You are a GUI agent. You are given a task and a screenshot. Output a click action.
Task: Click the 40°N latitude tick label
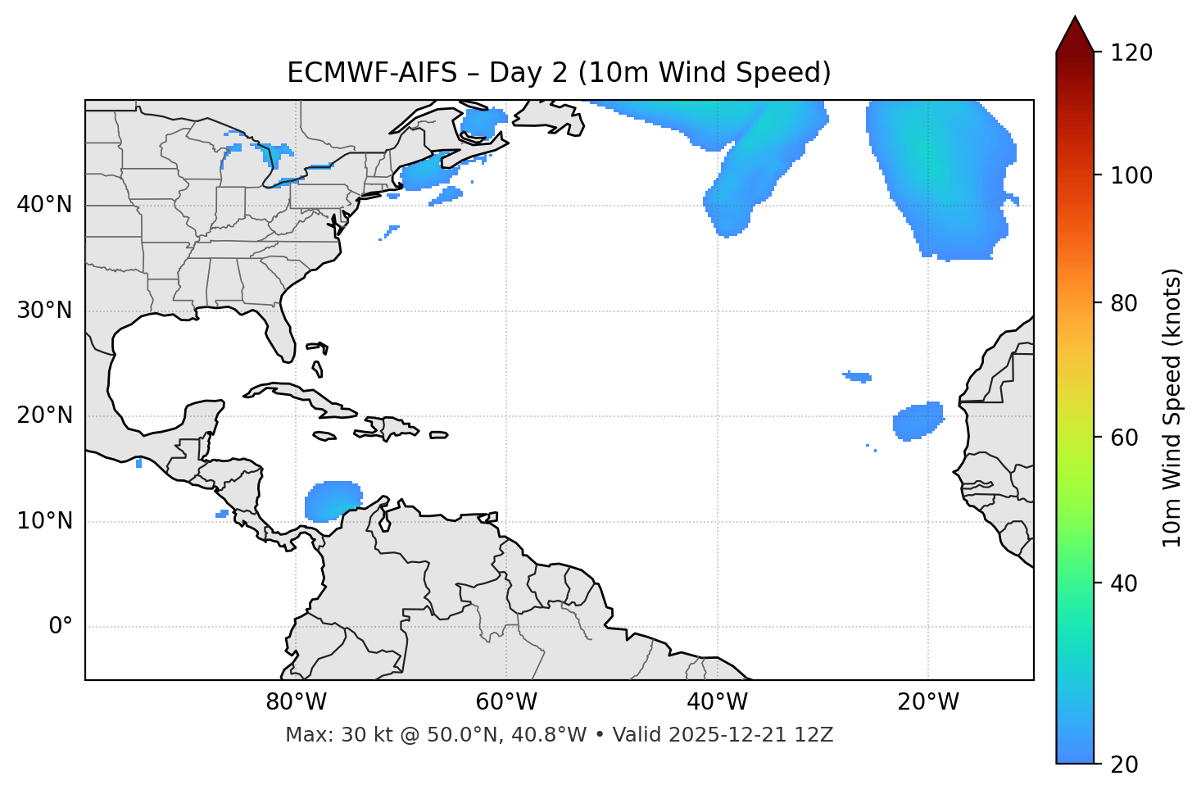click(x=44, y=205)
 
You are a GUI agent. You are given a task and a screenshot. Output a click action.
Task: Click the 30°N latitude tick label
click(x=44, y=311)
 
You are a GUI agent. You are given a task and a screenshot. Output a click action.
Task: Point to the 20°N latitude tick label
click(x=44, y=415)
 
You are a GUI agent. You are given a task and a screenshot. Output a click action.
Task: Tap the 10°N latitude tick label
click(x=44, y=521)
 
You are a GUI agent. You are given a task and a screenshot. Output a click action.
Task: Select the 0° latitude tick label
click(x=61, y=627)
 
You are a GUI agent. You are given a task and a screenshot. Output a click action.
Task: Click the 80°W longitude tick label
click(x=296, y=702)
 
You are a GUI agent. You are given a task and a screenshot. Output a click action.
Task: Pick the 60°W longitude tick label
click(x=506, y=702)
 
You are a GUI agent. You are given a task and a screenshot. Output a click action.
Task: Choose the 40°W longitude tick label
click(x=717, y=702)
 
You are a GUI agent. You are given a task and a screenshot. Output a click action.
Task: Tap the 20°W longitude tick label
click(x=927, y=702)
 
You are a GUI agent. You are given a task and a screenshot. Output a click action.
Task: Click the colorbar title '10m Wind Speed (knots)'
click(x=1172, y=407)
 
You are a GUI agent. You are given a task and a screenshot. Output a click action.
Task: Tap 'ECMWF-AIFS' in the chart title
click(x=372, y=73)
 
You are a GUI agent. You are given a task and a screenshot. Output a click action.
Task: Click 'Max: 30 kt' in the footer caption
click(x=324, y=735)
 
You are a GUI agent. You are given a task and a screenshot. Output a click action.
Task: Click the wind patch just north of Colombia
click(x=332, y=501)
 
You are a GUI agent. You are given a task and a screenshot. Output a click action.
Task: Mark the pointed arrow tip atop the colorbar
click(x=1075, y=18)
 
